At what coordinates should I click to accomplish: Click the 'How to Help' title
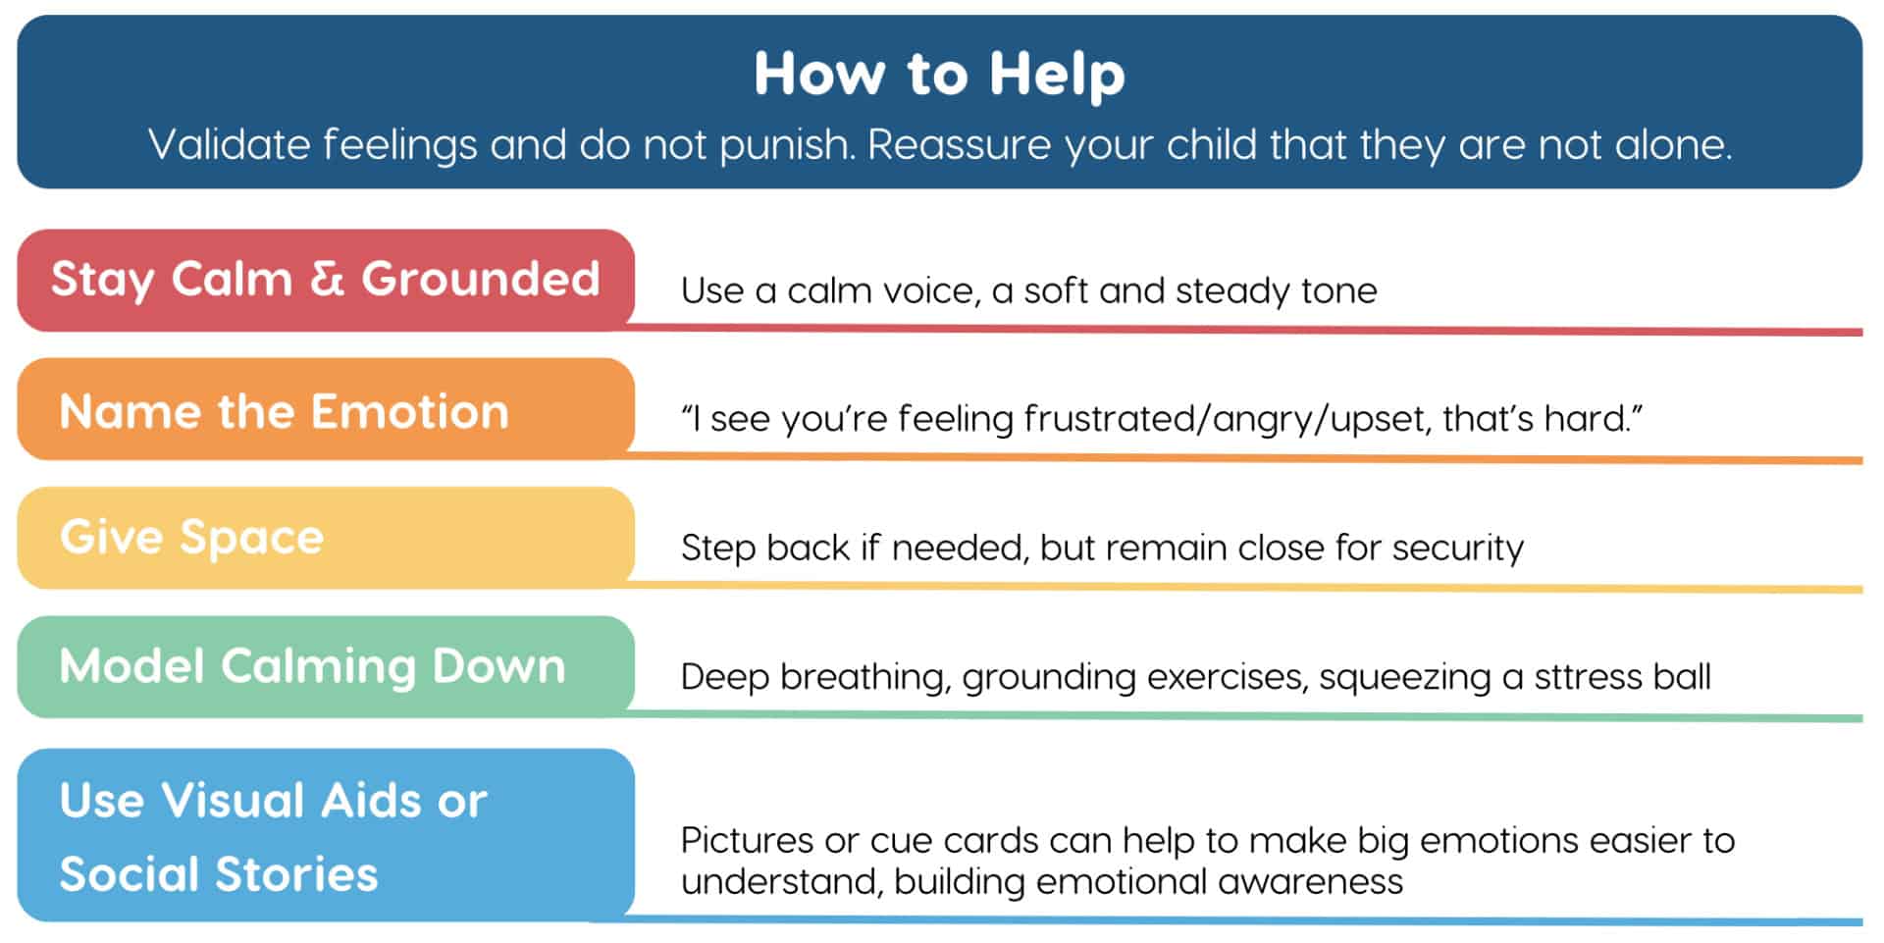pyautogui.click(x=939, y=74)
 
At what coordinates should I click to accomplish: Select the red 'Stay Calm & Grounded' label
pyautogui.click(x=326, y=280)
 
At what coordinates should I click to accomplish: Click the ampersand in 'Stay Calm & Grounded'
pyautogui.click(x=327, y=279)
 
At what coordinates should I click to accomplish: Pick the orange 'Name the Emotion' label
pyautogui.click(x=326, y=409)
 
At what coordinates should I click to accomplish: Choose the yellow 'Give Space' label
pyautogui.click(x=326, y=538)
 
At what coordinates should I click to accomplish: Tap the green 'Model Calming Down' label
pyautogui.click(x=326, y=667)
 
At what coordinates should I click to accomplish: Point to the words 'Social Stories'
pyautogui.click(x=218, y=873)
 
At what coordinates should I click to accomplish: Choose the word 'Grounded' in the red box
pyautogui.click(x=481, y=279)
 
